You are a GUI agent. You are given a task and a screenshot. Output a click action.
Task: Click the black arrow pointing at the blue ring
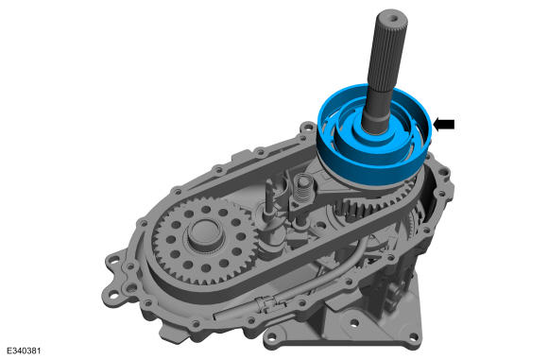(444, 124)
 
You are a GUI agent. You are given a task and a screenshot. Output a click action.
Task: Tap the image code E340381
(25, 351)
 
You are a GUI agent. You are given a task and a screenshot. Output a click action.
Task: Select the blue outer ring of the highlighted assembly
(375, 164)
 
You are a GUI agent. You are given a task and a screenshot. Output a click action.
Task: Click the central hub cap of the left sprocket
(205, 233)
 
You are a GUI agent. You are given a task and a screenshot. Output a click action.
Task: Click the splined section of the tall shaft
(388, 52)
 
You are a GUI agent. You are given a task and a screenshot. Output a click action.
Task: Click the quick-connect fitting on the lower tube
(267, 303)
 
